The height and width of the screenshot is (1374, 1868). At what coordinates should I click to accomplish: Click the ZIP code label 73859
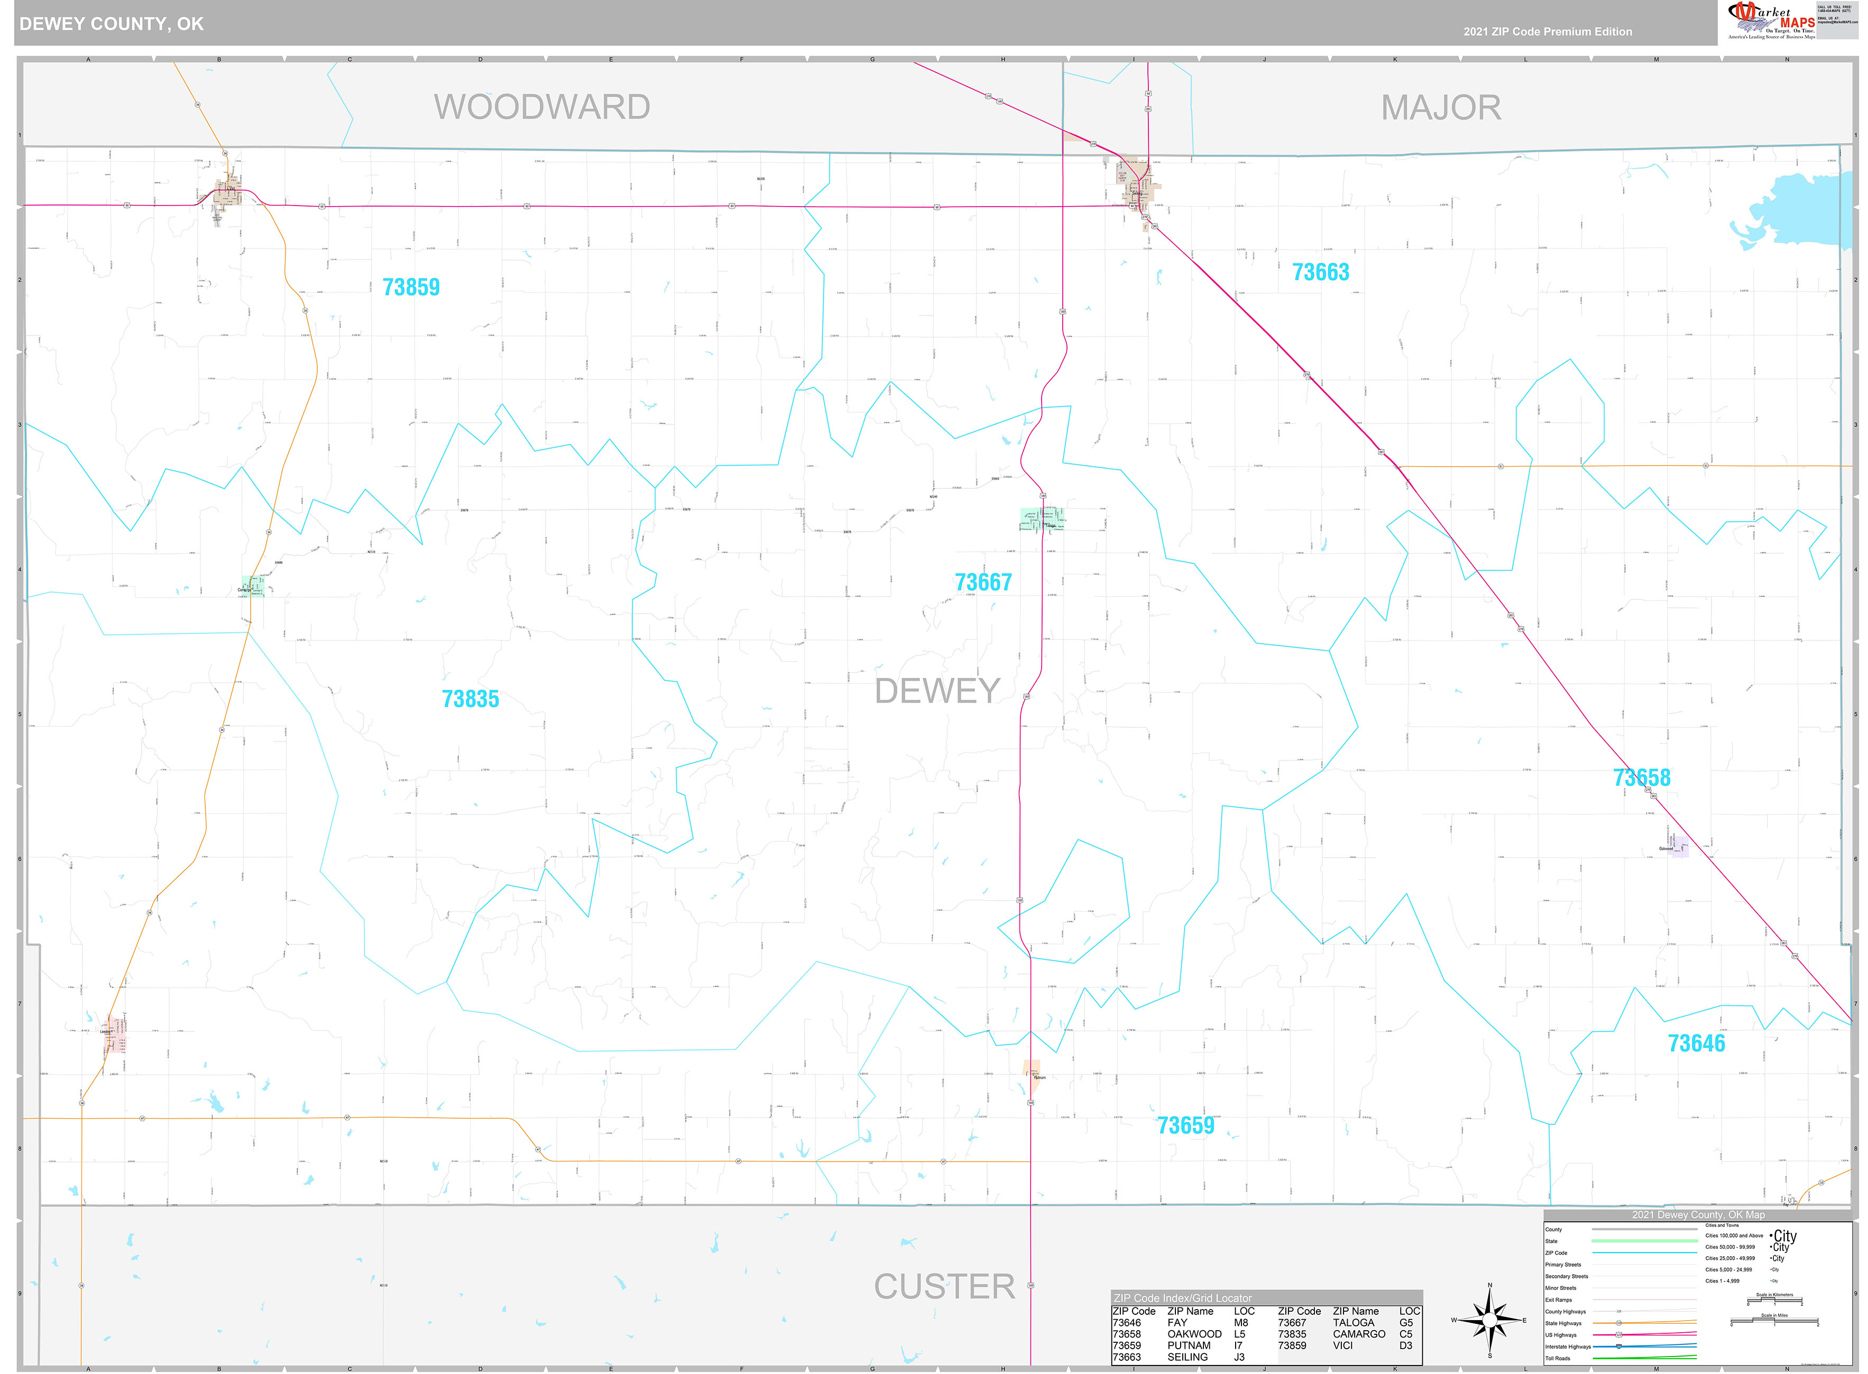(410, 287)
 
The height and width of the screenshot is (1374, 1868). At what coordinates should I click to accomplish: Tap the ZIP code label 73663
(1320, 272)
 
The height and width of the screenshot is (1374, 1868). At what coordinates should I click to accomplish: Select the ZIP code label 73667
(983, 582)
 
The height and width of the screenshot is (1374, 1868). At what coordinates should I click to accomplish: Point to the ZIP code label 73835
(470, 699)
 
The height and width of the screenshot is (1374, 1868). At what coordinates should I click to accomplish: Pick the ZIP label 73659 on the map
(1186, 1125)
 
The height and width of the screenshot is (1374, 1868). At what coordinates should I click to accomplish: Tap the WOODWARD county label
(541, 107)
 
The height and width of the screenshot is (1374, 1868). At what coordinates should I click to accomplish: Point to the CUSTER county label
(944, 1287)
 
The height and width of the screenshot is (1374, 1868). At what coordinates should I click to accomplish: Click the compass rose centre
(1489, 1320)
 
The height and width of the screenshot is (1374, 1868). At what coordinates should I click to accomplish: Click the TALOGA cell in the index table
(1354, 1322)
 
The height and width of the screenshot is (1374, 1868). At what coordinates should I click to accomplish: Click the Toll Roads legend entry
(1558, 1358)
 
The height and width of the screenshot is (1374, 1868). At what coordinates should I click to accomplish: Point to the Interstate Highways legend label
(1568, 1347)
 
